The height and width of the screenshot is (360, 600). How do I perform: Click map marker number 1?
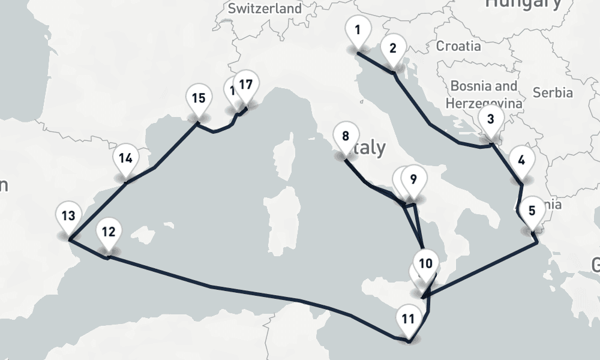click(x=358, y=29)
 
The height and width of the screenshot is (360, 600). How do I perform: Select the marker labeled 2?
click(x=393, y=48)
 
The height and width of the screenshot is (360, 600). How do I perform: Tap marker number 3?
click(x=491, y=119)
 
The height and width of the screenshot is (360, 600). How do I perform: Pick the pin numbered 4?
click(x=521, y=160)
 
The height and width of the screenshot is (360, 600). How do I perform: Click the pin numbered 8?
click(x=345, y=136)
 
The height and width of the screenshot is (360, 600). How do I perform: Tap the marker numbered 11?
click(x=408, y=318)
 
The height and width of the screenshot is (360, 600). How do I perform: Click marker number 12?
click(x=108, y=232)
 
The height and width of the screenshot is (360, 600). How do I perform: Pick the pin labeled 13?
click(x=68, y=216)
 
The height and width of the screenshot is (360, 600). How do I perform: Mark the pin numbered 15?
click(x=199, y=98)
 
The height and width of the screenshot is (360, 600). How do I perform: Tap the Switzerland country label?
click(x=265, y=8)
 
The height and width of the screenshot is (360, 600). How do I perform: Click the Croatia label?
click(x=458, y=46)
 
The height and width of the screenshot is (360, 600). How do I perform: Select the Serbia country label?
click(x=553, y=92)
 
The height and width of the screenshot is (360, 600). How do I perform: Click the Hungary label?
click(x=524, y=4)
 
